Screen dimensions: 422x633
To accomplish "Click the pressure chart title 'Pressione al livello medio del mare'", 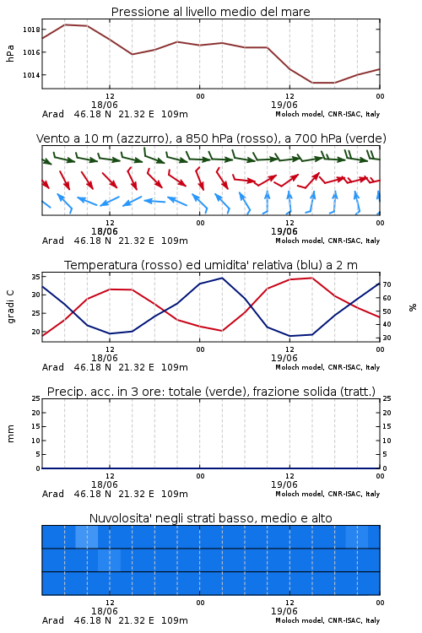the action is click(x=210, y=12).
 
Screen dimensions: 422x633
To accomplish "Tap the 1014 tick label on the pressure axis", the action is click(x=31, y=75).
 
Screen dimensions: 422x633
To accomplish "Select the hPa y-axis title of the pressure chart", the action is click(x=10, y=53).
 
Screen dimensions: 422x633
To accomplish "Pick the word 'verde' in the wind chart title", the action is click(x=365, y=138).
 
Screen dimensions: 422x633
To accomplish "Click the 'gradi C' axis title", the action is click(x=10, y=306).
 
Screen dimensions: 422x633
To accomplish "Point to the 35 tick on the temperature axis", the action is click(x=35, y=277).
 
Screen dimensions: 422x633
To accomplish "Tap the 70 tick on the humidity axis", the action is click(x=387, y=284).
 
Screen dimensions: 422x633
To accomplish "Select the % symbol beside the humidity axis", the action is click(x=413, y=307).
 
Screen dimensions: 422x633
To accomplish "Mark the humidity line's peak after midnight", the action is click(x=222, y=278).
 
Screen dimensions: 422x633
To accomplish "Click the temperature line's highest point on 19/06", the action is click(x=311, y=278).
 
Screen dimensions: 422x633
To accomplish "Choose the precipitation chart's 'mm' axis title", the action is click(x=10, y=434).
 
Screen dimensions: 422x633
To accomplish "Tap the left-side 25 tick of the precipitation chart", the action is click(x=35, y=399).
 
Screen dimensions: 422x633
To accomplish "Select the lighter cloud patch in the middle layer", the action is click(x=110, y=560).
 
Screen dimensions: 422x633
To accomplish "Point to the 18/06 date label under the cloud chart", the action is click(x=105, y=611).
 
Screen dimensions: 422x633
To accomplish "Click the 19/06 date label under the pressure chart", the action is click(x=284, y=105).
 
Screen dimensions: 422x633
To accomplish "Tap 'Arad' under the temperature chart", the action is click(x=53, y=367).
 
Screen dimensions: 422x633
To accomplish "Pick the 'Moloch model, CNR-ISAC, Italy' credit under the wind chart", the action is click(x=327, y=241).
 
